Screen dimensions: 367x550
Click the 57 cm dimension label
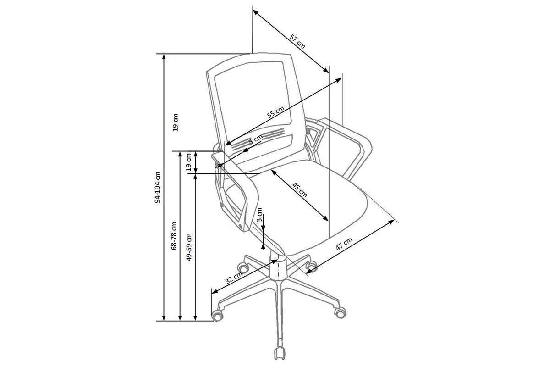[298, 40]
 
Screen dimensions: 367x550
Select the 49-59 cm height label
[189, 247]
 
